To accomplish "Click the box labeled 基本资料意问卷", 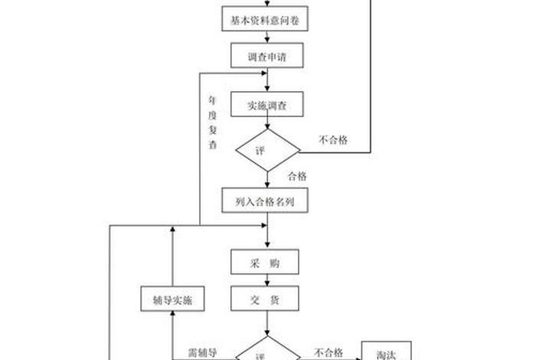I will click(265, 21).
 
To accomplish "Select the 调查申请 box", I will click(265, 55).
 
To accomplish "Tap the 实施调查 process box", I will click(265, 104).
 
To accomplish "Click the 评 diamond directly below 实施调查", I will click(266, 149).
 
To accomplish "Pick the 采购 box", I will click(265, 263).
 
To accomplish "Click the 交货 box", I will click(265, 298).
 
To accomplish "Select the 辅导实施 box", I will click(172, 299).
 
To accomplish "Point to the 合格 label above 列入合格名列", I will click(297, 176).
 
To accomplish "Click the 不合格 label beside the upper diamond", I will click(333, 139).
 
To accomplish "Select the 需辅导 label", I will click(203, 352).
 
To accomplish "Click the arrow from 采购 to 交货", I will click(266, 280).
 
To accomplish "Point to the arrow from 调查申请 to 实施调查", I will click(266, 80).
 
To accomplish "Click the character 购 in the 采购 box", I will click(274, 263).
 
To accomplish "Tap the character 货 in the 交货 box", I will click(274, 298).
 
